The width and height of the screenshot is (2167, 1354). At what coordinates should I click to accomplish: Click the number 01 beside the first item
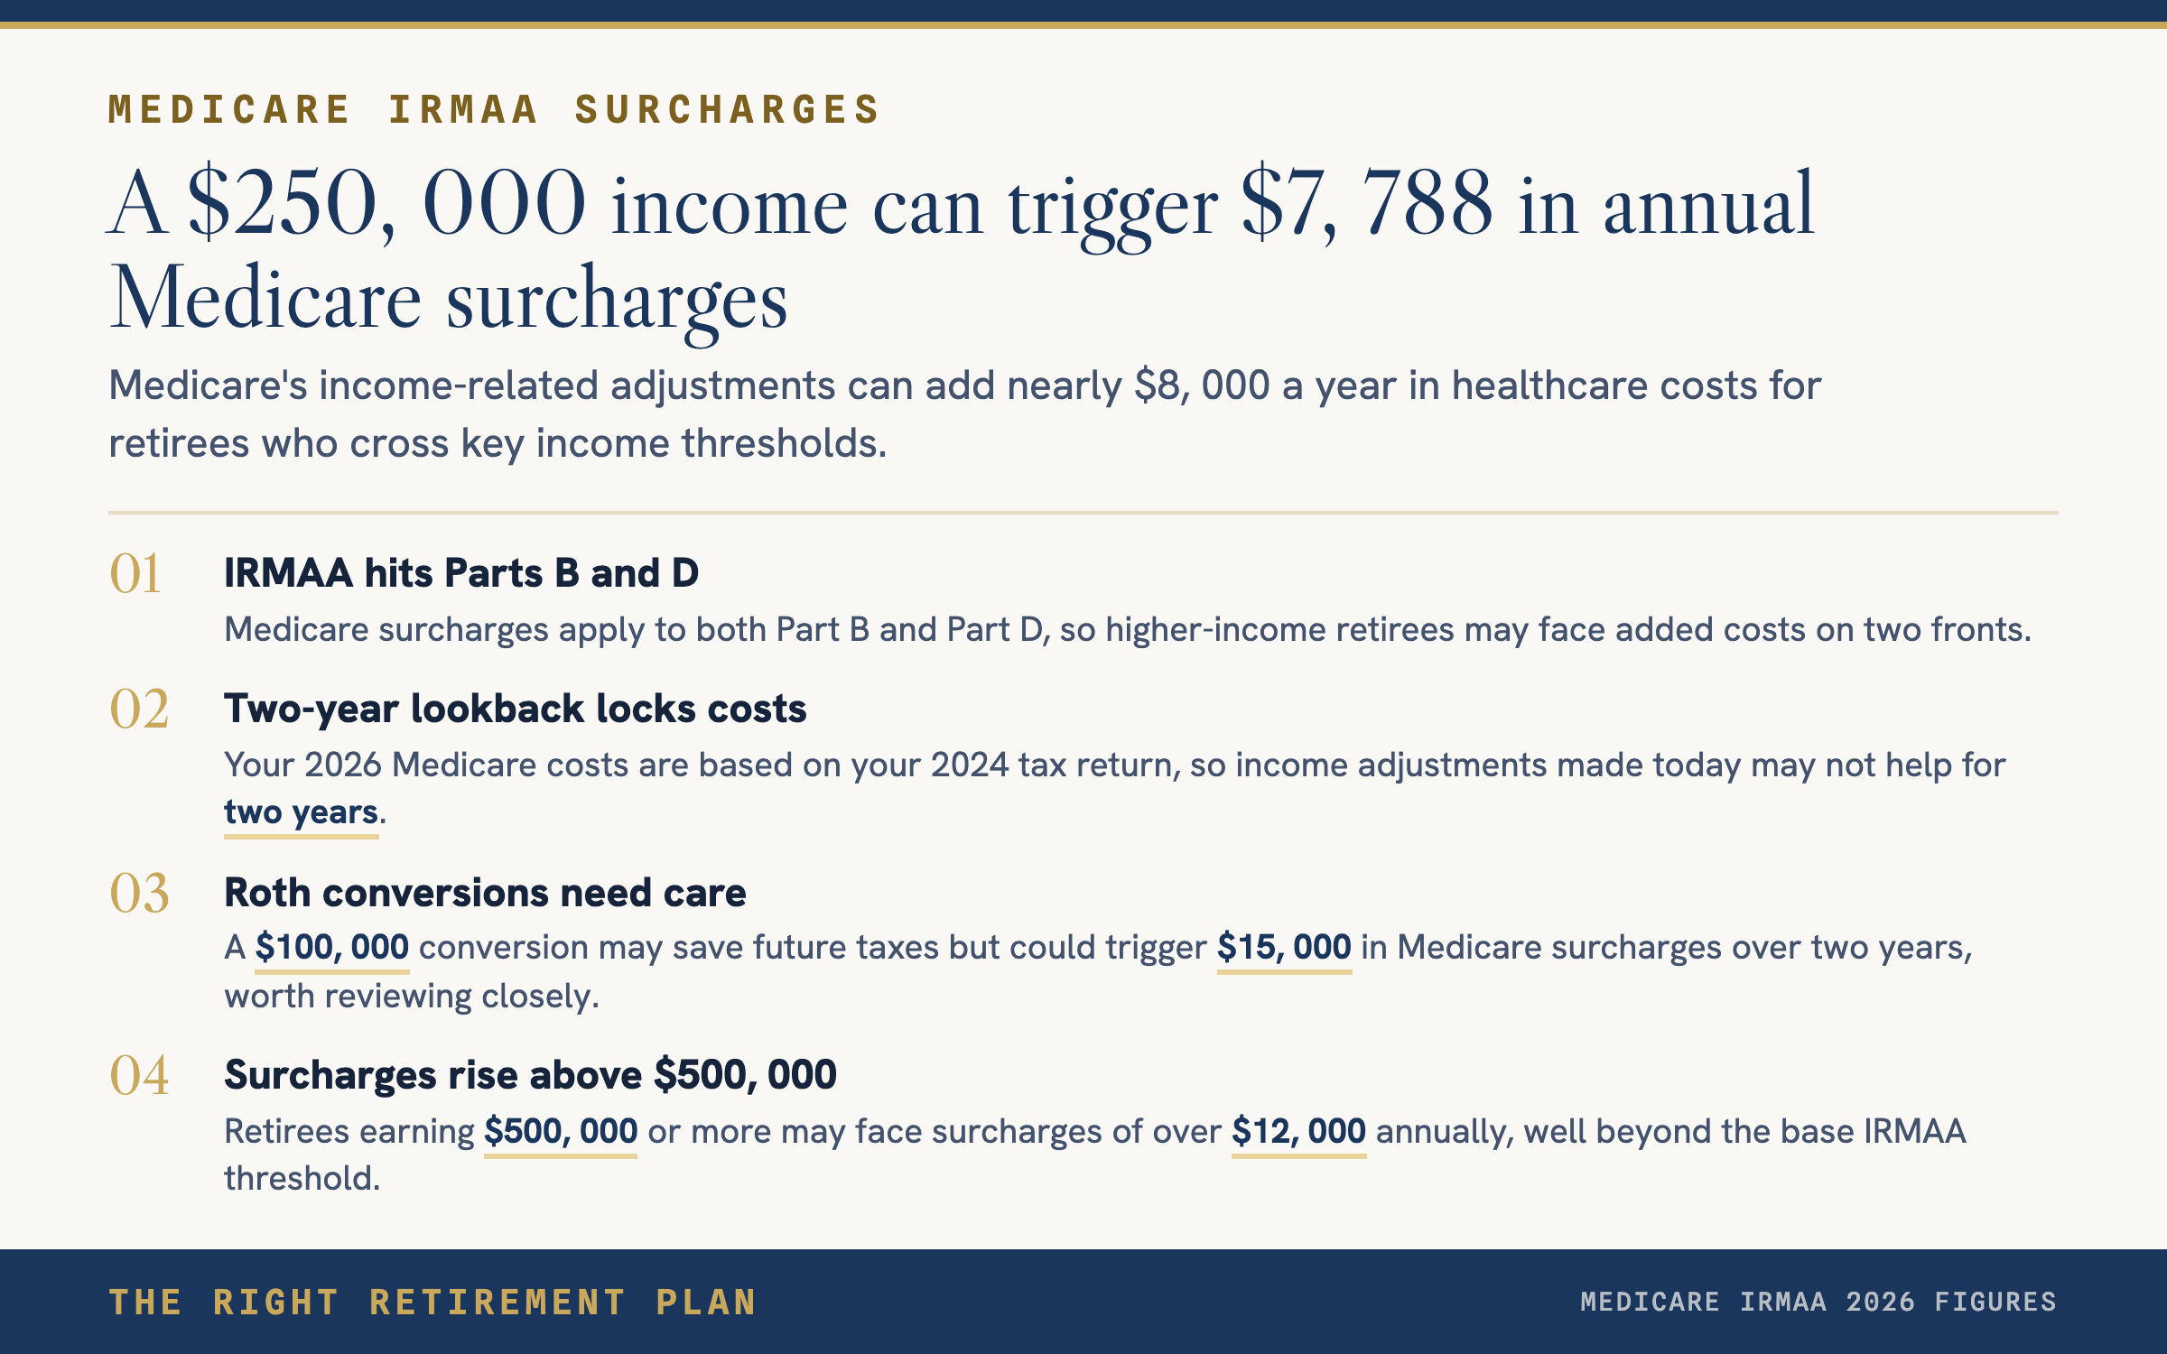[x=135, y=573]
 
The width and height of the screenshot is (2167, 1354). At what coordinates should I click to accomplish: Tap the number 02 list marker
[x=139, y=709]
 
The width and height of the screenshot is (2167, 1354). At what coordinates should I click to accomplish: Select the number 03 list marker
[x=139, y=893]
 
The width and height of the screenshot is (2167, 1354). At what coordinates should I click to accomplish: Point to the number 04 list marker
[x=139, y=1075]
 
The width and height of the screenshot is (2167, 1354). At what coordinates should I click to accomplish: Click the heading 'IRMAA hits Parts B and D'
[x=461, y=573]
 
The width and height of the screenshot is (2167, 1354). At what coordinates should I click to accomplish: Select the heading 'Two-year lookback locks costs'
[x=515, y=709]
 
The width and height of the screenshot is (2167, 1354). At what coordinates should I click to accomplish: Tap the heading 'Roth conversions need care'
[x=485, y=893]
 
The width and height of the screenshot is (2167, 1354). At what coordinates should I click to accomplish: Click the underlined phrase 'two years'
[x=301, y=812]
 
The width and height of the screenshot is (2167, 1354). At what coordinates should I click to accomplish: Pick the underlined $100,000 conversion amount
[x=332, y=948]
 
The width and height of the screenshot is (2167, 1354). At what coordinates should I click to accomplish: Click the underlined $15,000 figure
[x=1284, y=948]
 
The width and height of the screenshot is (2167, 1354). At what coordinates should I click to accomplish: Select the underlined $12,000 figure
[x=1298, y=1132]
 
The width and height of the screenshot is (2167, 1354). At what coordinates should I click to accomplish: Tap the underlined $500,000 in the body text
[x=561, y=1132]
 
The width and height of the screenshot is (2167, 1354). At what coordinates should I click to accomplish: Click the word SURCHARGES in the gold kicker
[x=727, y=110]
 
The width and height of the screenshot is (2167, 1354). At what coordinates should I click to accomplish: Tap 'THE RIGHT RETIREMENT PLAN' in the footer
[x=432, y=1303]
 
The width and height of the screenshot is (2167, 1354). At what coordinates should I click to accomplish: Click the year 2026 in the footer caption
[x=1880, y=1302]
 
